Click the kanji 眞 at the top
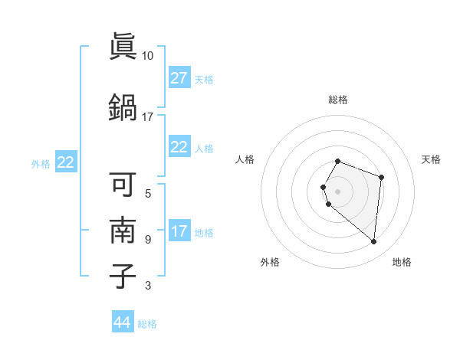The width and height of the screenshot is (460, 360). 123,47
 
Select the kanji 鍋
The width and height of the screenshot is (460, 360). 123,106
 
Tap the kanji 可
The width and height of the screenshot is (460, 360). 123,184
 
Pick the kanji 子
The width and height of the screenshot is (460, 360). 123,276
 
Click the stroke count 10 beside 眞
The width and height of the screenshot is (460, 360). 148,56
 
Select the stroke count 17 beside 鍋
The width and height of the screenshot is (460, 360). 148,117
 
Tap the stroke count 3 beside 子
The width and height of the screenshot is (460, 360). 148,286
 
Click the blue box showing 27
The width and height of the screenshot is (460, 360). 179,78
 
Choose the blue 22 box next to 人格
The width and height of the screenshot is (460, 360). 179,148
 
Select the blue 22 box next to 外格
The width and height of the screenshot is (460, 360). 66,162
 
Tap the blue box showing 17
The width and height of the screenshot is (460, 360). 179,231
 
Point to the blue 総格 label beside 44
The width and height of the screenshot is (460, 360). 147,324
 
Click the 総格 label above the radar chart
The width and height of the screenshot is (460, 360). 338,100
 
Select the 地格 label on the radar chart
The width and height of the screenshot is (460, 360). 402,262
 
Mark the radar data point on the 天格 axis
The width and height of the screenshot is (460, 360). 381,178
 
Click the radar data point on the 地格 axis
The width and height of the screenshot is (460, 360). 373,242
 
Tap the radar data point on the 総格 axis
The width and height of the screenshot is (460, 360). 338,161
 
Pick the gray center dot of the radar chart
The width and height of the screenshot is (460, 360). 338,191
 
